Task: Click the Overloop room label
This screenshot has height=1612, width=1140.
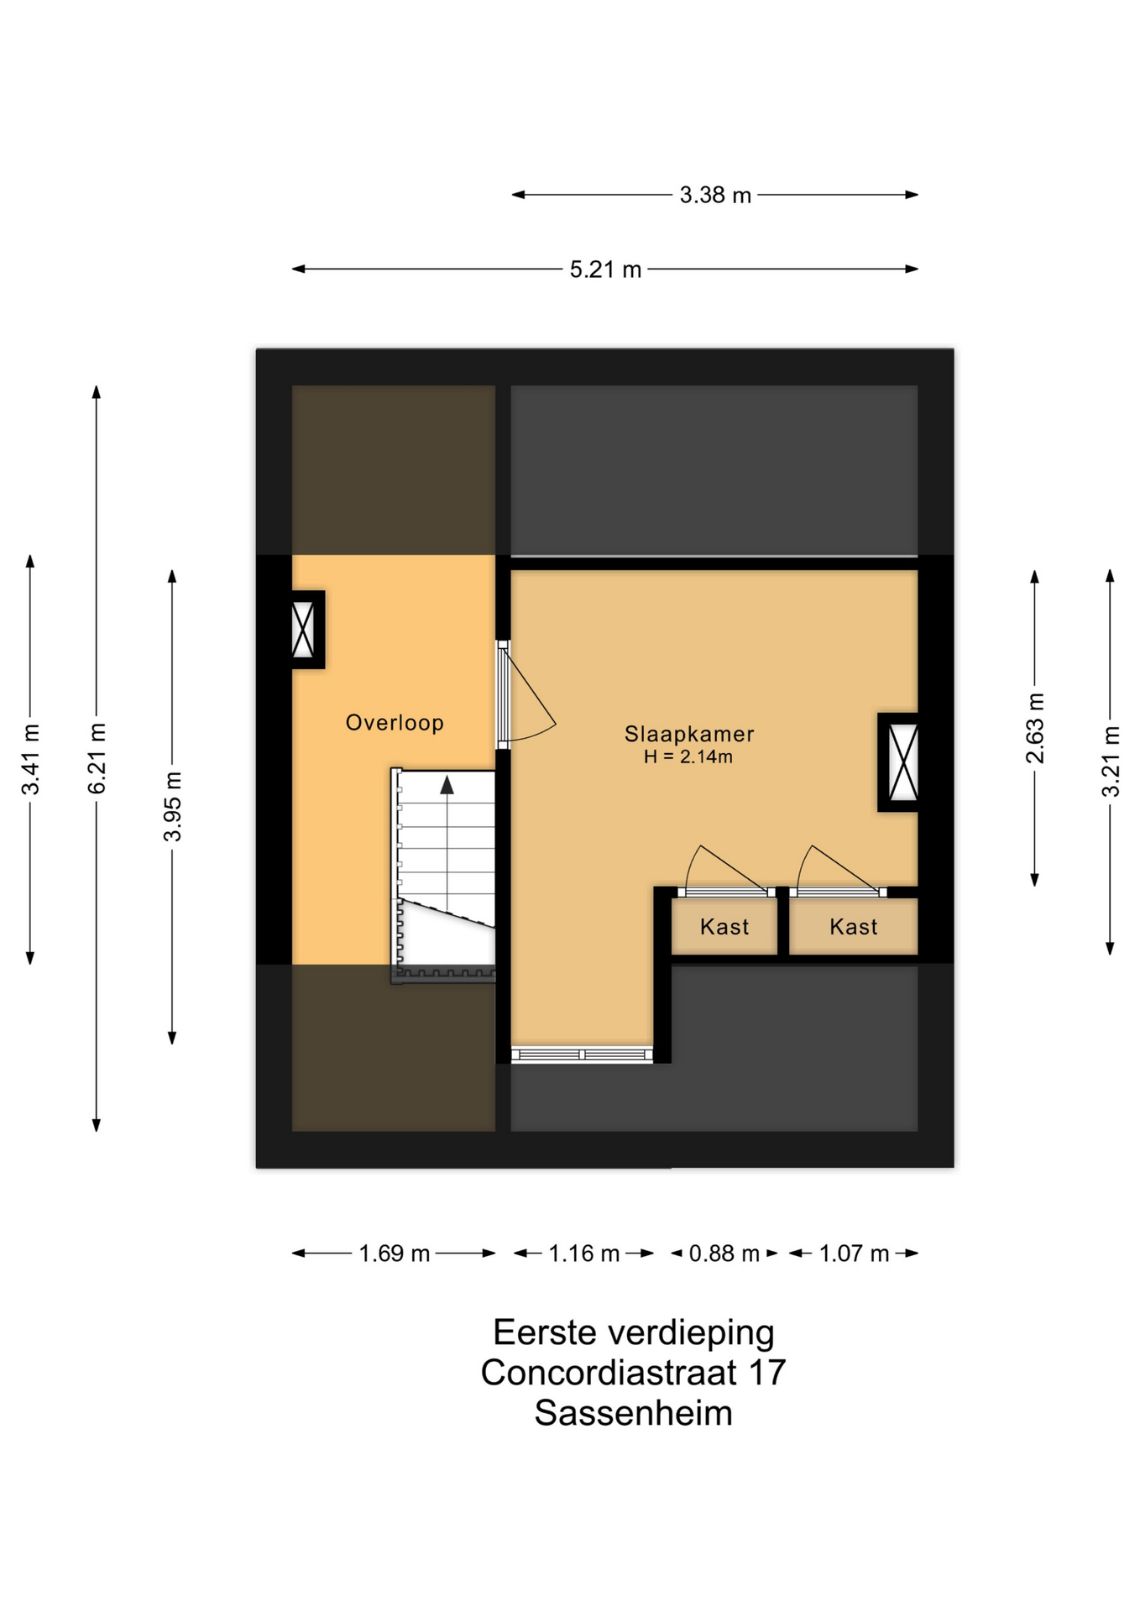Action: pos(395,723)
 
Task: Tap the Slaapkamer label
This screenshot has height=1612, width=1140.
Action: pos(689,734)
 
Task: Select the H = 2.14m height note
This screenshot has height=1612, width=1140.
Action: pos(688,756)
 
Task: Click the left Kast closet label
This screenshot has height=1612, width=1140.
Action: pos(724,927)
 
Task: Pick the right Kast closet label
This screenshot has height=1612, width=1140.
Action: pos(854,927)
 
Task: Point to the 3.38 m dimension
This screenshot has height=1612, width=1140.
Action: pos(715,196)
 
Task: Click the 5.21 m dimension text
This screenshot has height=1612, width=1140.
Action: pos(605,270)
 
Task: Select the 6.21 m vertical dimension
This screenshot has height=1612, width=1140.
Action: pos(97,758)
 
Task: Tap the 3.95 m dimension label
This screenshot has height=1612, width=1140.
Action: pos(173,806)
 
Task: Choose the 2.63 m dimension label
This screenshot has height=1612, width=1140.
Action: pos(1035,729)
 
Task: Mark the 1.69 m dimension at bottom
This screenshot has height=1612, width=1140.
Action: pos(395,1253)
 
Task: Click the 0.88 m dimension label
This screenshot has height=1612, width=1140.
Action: pos(724,1253)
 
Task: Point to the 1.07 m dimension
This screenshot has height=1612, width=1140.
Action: pos(854,1253)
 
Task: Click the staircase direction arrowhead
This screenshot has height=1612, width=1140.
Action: pos(447,785)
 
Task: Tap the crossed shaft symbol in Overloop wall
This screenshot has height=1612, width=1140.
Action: pos(303,630)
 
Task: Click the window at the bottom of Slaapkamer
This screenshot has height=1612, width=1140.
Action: pos(582,1055)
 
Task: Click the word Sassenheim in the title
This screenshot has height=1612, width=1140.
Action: pos(634,1413)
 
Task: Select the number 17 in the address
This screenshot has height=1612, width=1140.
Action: pos(766,1373)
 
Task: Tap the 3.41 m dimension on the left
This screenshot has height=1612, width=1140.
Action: pos(31,758)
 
